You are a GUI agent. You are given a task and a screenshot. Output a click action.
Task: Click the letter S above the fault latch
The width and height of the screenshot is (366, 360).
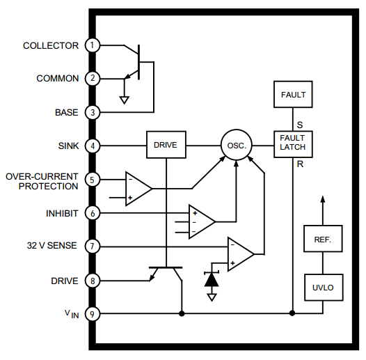tap(300, 125)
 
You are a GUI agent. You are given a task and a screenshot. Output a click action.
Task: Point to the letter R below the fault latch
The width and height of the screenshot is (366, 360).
tap(300, 164)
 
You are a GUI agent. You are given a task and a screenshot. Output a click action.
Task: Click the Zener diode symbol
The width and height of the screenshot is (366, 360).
tap(212, 279)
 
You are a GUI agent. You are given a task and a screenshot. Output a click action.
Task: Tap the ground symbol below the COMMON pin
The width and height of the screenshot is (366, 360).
tap(124, 100)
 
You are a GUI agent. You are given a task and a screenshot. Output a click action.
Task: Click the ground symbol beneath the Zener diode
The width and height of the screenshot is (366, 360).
tap(212, 297)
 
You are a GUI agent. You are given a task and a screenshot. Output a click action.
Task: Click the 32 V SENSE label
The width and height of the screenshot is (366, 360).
tap(51, 246)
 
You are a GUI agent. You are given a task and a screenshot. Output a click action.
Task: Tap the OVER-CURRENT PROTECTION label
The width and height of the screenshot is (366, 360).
tap(42, 181)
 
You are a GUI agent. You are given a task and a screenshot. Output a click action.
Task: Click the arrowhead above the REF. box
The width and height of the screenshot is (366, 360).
tap(323, 199)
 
